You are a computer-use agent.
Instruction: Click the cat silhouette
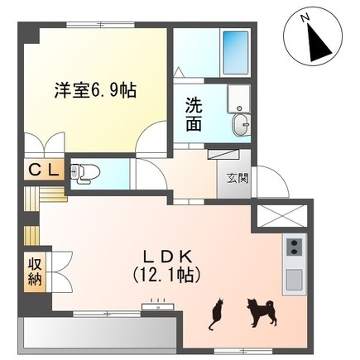click(216, 314)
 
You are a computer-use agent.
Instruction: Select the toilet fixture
click(85, 173)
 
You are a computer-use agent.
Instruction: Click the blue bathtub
click(235, 52)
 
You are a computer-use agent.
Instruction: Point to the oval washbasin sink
click(240, 125)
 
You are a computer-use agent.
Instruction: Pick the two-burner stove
click(294, 247)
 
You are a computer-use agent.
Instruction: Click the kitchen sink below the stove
click(294, 279)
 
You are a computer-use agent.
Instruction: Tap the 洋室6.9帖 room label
click(95, 90)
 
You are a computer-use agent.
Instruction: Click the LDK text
click(166, 257)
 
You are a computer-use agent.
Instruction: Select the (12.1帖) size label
click(166, 275)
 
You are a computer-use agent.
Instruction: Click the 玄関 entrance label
click(238, 179)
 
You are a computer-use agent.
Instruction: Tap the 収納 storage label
click(35, 272)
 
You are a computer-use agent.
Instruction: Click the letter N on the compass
click(305, 18)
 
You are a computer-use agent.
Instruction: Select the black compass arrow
click(320, 44)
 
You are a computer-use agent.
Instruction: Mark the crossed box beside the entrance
click(282, 216)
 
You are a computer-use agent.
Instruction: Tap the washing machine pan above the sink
click(238, 98)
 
